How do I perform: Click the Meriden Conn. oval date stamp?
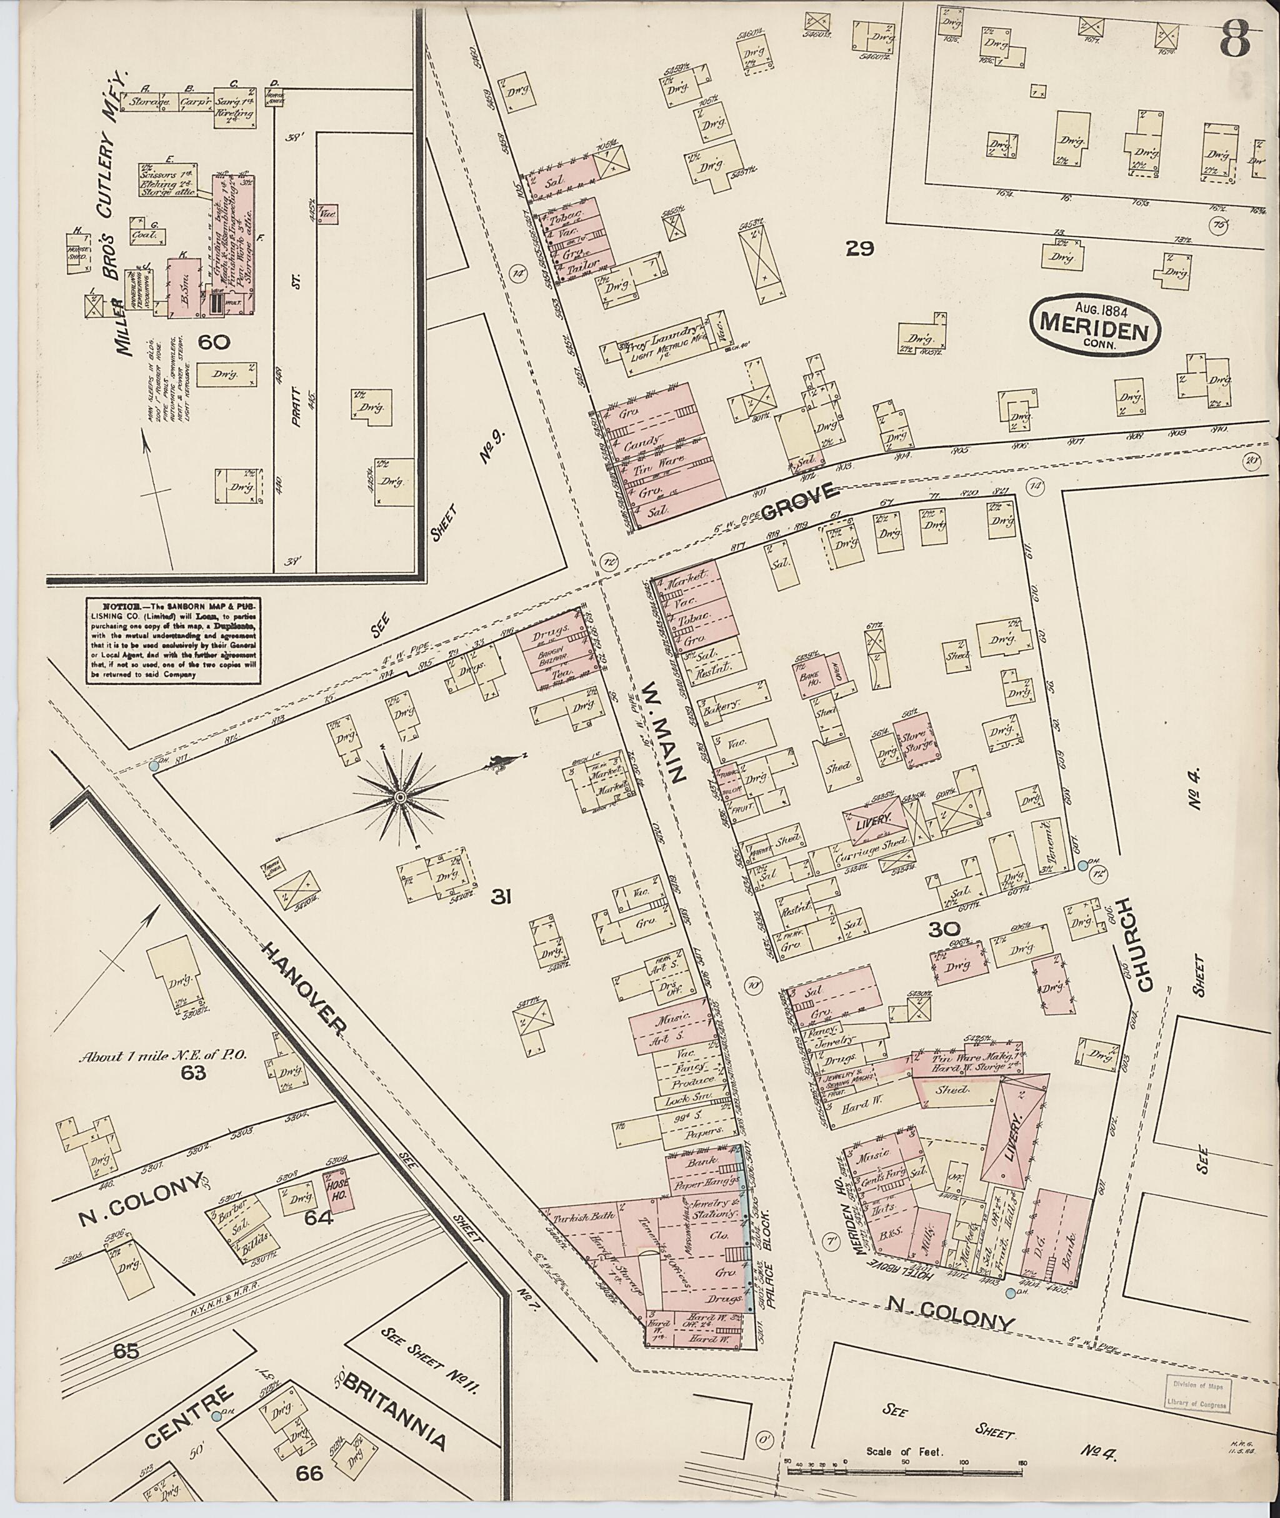click(1095, 324)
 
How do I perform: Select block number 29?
click(860, 249)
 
